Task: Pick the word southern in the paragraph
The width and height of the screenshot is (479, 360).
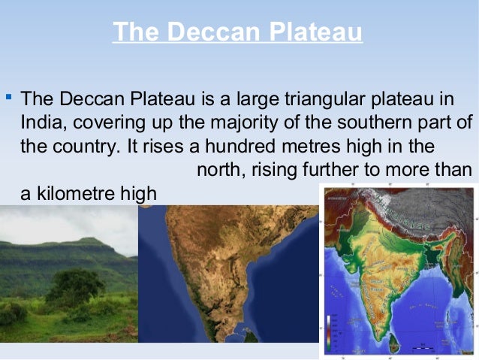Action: point(356,123)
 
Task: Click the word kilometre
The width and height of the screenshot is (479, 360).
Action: point(71,193)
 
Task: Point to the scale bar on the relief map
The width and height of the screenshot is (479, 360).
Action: point(428,347)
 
